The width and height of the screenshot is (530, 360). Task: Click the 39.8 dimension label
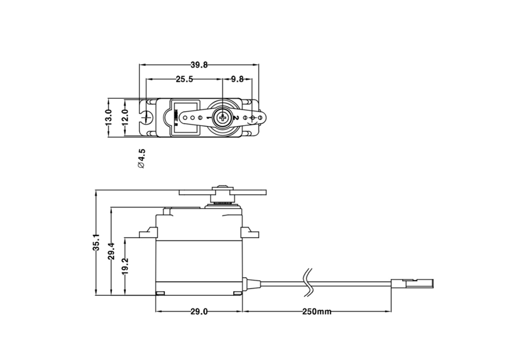(x=199, y=65)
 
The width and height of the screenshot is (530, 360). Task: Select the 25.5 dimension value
(x=184, y=79)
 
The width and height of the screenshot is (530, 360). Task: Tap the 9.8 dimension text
(x=237, y=79)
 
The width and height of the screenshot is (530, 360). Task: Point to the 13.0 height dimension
(x=108, y=117)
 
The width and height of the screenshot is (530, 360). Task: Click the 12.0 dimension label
(x=125, y=117)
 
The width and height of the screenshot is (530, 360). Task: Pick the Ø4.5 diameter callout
(x=141, y=158)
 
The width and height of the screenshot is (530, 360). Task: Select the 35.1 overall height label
(x=96, y=242)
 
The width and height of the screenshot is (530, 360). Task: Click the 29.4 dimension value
(x=111, y=251)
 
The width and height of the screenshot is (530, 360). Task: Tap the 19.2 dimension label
(x=125, y=266)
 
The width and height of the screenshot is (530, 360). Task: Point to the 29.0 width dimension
(x=199, y=312)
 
